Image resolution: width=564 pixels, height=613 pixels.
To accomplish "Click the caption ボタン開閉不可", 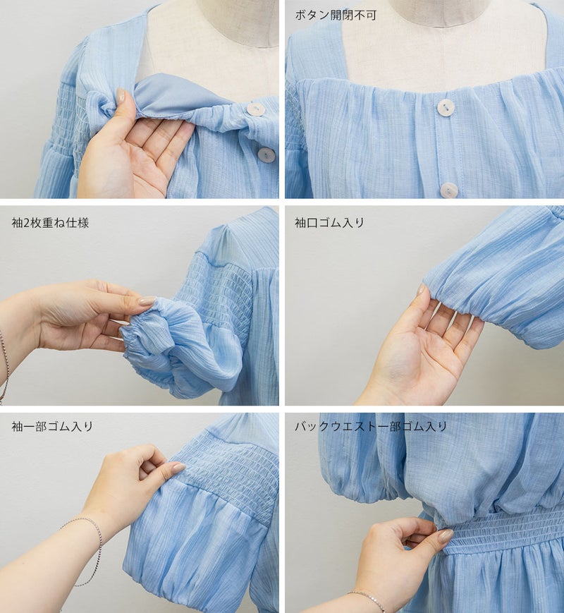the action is click(x=336, y=16).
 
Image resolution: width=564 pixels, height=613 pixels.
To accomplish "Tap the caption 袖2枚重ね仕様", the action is click(x=51, y=223).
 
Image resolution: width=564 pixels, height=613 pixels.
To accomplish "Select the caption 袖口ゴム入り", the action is click(x=329, y=223).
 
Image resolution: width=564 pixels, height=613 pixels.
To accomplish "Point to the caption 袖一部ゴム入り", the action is click(x=52, y=426).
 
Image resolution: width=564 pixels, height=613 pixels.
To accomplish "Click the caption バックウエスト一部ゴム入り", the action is click(x=371, y=426).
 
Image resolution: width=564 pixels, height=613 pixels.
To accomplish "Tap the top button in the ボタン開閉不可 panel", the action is click(x=445, y=107).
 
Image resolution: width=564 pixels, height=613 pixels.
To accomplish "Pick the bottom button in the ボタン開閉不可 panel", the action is click(x=448, y=190).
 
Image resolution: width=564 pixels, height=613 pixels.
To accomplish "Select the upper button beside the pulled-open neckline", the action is click(x=255, y=109).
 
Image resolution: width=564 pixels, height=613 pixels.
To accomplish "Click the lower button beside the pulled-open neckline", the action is click(x=266, y=154).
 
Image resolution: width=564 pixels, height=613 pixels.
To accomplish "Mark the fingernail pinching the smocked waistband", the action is click(x=445, y=535).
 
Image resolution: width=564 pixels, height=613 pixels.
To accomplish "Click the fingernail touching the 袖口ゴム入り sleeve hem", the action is click(x=421, y=290).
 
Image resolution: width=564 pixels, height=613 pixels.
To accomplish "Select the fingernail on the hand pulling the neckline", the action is click(x=121, y=95).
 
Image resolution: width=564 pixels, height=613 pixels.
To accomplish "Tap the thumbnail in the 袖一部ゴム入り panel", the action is click(x=178, y=467).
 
